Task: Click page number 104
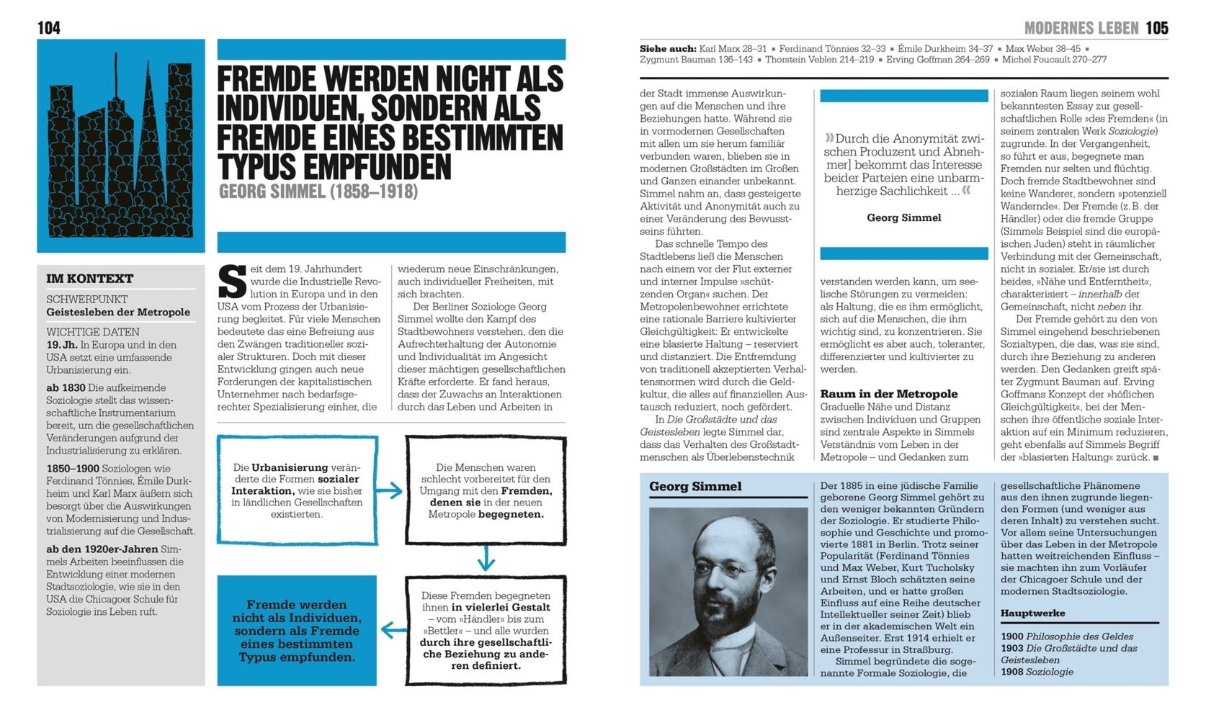pos(49,28)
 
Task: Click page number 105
pos(1156,28)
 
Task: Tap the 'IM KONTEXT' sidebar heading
pos(90,279)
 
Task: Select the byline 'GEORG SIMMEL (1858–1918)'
pos(318,192)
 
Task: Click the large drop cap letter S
pos(232,282)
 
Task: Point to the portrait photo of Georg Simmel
pos(728,591)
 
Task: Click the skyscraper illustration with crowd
pos(121,146)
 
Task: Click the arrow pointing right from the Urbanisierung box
pos(390,491)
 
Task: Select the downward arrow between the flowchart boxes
pos(486,558)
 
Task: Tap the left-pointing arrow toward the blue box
pos(393,631)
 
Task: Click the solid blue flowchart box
pos(297,631)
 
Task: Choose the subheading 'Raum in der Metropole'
pos(888,394)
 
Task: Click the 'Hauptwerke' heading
pos(1032,613)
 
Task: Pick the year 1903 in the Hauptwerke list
pos(1011,648)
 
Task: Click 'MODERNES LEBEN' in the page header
pos(1081,28)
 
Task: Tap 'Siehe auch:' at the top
pos(667,49)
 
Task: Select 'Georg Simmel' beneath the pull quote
pos(903,217)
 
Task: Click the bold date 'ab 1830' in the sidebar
pos(66,387)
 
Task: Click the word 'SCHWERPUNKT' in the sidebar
pos(86,299)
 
